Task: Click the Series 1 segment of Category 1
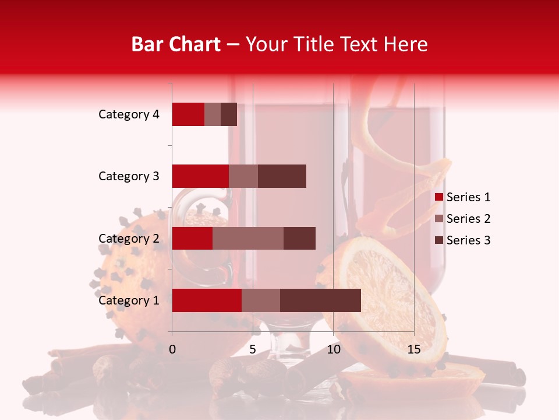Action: click(207, 300)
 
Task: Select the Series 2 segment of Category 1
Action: click(261, 300)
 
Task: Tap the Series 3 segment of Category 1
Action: click(320, 300)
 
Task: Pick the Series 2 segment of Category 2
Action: click(248, 239)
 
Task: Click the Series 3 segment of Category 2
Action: click(299, 239)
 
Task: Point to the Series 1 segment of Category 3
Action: click(200, 176)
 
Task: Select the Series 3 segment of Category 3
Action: click(282, 176)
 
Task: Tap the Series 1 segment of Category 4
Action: click(188, 114)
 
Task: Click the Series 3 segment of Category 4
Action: click(229, 114)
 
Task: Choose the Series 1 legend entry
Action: click(462, 197)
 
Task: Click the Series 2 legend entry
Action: click(462, 219)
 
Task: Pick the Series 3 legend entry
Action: click(462, 240)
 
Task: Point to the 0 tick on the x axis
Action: click(172, 349)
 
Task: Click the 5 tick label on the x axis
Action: click(253, 349)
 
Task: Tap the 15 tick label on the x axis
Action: click(414, 349)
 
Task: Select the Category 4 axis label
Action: click(129, 114)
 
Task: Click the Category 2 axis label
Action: click(129, 239)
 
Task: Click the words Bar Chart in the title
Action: click(176, 44)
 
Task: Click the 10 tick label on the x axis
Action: click(333, 349)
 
